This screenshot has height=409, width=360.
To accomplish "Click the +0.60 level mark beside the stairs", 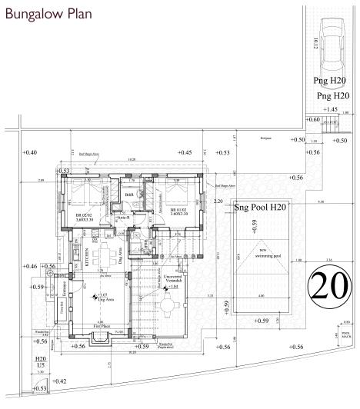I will [313, 120].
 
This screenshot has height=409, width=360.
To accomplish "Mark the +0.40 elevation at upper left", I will [30, 153].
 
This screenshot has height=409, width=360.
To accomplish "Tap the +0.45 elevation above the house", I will [185, 153].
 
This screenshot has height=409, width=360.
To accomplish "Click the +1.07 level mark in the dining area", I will [103, 294].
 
